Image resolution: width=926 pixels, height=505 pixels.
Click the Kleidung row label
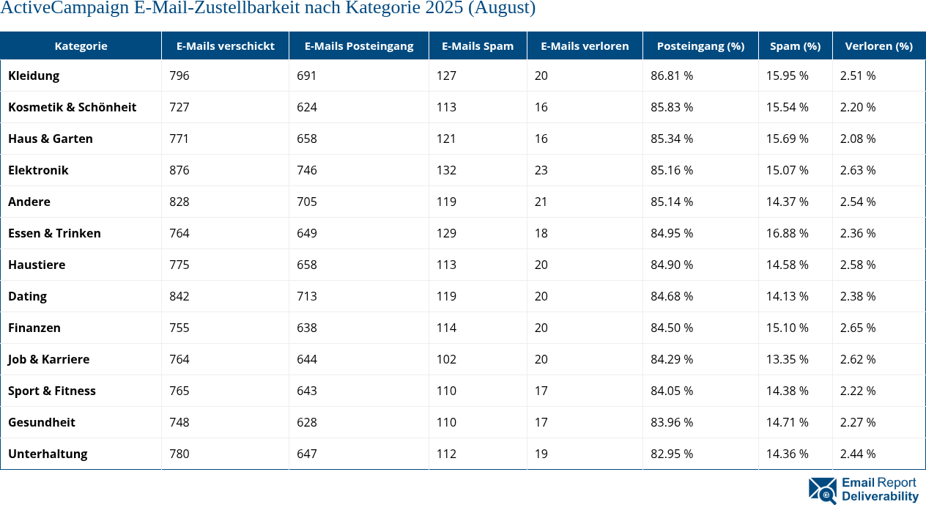click(x=34, y=75)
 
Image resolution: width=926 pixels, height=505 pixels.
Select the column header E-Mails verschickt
click(x=225, y=45)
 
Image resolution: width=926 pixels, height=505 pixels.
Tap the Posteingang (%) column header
click(x=700, y=45)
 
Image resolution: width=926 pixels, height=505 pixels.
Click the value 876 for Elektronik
click(x=179, y=170)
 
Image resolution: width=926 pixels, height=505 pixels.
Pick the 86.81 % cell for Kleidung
click(x=672, y=75)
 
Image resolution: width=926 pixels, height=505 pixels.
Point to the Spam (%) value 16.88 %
click(x=787, y=233)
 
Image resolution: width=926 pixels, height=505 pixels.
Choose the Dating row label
click(x=27, y=296)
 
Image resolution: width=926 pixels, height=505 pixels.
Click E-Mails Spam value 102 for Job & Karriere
click(x=446, y=359)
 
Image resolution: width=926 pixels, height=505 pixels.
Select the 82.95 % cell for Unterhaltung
click(x=672, y=454)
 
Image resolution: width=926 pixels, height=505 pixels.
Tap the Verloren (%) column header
click(x=878, y=45)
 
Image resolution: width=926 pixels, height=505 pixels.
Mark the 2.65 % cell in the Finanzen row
click(x=857, y=328)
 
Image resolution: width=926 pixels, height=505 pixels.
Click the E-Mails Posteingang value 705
click(x=307, y=202)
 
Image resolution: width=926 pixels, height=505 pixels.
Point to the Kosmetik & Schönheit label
click(x=72, y=107)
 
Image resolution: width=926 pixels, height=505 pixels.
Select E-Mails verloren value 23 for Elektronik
click(x=541, y=170)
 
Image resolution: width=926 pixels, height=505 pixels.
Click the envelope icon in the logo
click(x=822, y=490)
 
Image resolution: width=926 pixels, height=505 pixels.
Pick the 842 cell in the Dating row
click(x=179, y=296)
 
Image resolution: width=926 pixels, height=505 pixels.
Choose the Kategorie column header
click(x=81, y=45)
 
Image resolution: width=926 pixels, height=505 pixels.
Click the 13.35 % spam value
click(x=787, y=359)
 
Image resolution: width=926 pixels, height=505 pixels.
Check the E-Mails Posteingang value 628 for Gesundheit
click(x=307, y=422)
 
